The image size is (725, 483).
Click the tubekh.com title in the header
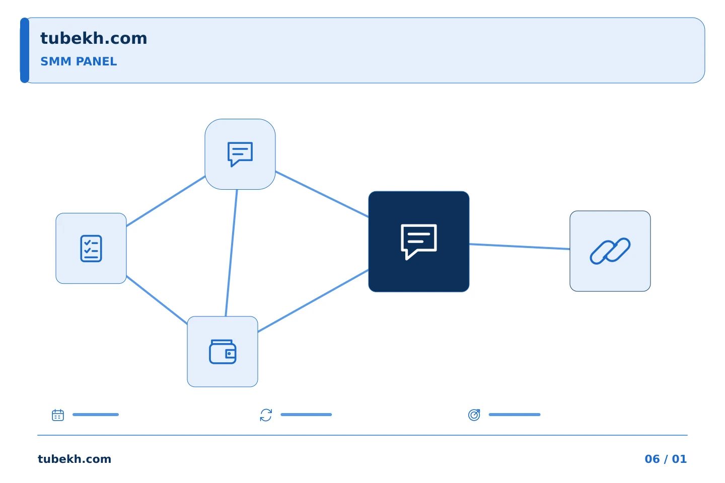click(x=94, y=38)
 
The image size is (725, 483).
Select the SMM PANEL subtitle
click(x=79, y=61)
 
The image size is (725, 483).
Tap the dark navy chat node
click(x=419, y=242)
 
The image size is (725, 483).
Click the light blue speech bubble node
click(x=240, y=154)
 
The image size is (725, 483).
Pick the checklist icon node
click(x=91, y=248)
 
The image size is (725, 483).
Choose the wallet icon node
click(x=223, y=351)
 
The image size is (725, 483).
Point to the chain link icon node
click(x=610, y=251)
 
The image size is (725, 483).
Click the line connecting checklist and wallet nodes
click(x=157, y=299)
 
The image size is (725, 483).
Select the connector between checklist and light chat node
click(x=166, y=201)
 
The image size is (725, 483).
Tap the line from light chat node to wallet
click(x=232, y=253)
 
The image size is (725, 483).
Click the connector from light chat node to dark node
click(x=322, y=194)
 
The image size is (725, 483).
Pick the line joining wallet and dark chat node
click(x=313, y=301)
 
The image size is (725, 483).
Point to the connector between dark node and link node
click(x=520, y=247)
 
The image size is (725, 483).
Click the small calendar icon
click(x=58, y=415)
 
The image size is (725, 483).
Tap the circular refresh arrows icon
click(x=266, y=415)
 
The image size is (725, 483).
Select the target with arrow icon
click(x=474, y=415)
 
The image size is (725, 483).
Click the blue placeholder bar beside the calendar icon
click(x=96, y=415)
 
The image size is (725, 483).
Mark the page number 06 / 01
click(x=666, y=459)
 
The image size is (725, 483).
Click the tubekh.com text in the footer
click(x=75, y=459)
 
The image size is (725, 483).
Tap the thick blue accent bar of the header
click(x=25, y=50)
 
